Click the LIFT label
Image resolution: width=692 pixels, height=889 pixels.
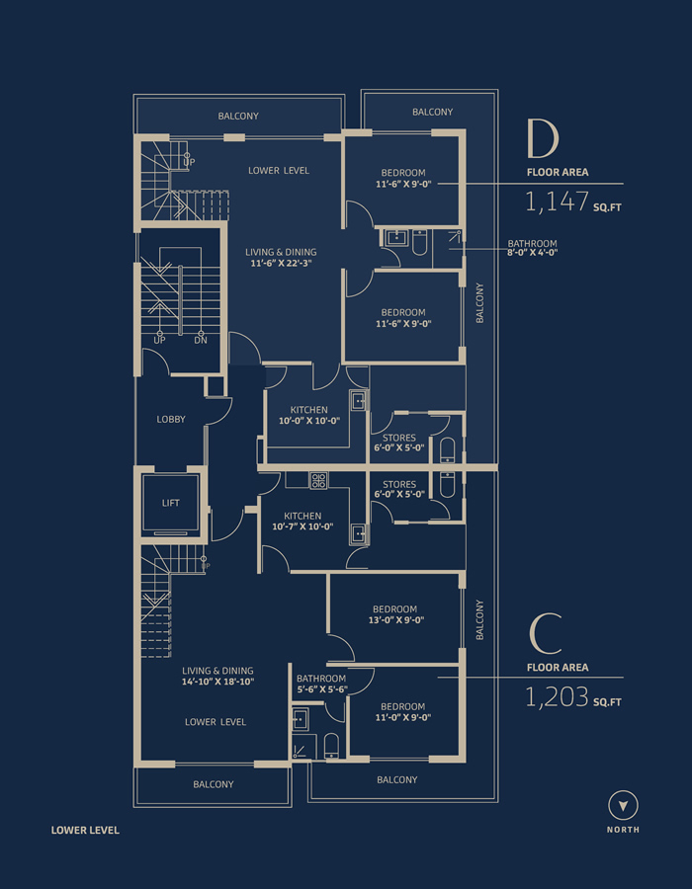[171, 503]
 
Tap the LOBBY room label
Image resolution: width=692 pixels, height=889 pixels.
[171, 420]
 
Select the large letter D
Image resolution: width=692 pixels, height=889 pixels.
[543, 140]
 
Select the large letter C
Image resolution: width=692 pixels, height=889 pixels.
[545, 634]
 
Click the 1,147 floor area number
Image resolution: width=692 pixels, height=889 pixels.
[557, 202]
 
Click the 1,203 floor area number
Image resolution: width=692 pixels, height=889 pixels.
[557, 696]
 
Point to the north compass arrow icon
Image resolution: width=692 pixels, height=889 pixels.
[624, 805]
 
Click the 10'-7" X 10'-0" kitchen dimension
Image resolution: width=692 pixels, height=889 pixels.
[303, 526]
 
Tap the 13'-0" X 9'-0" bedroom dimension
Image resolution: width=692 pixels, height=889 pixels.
[395, 619]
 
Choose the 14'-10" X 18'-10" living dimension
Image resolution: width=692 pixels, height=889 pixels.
[217, 682]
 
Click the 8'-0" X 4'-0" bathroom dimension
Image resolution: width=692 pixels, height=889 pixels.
[532, 253]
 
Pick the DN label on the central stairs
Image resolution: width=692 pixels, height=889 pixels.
[201, 341]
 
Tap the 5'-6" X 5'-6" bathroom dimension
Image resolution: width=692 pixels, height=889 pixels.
[321, 689]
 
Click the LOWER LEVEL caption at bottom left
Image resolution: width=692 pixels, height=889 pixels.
[85, 830]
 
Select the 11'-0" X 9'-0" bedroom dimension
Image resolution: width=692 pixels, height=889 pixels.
[402, 717]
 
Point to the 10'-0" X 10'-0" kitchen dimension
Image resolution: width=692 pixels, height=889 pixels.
[308, 421]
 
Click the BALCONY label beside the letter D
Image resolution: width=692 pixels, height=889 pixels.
[432, 112]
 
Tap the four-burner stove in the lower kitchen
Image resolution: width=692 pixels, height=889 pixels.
[317, 481]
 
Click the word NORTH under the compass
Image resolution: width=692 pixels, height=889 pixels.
[623, 830]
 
